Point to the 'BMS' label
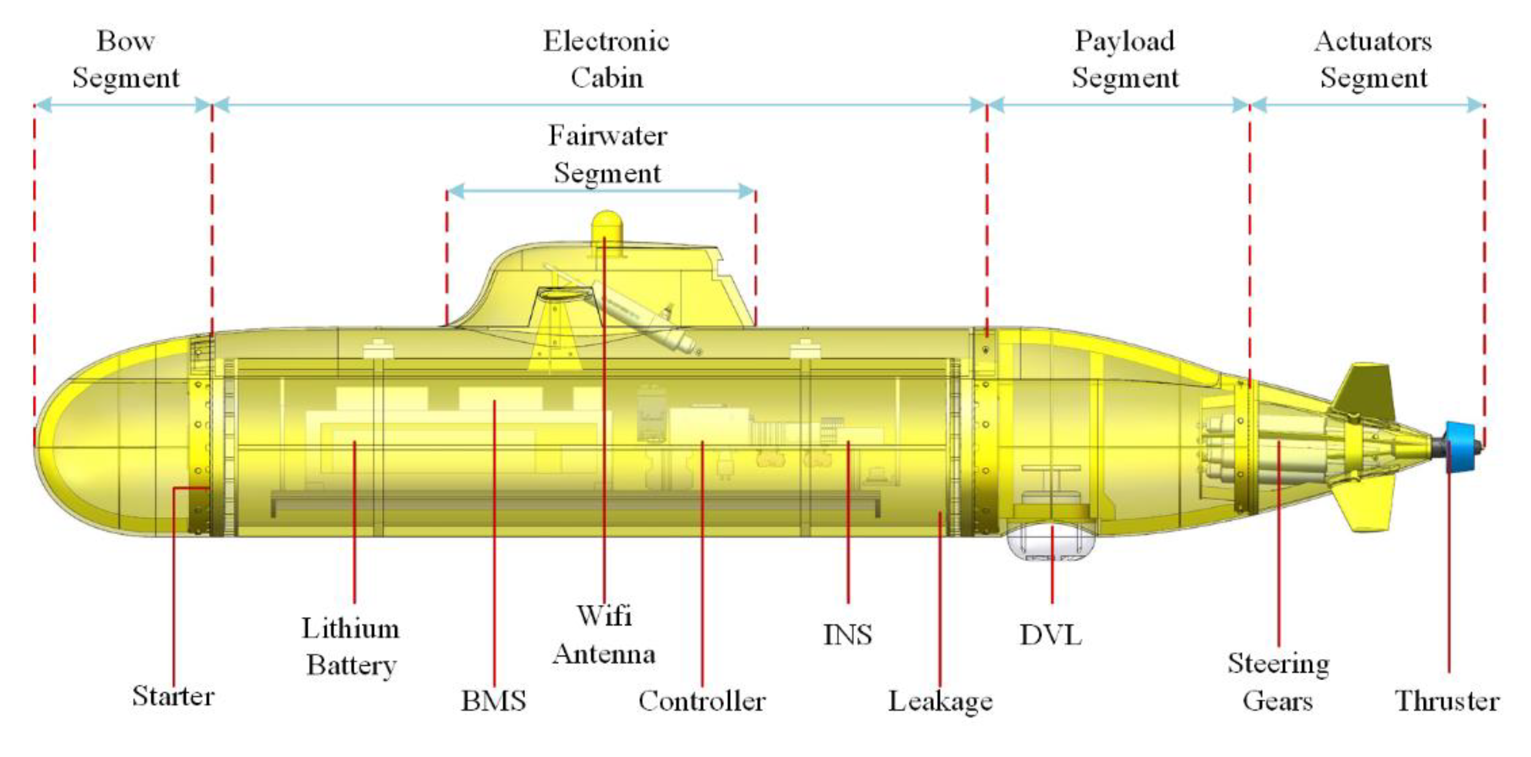[x=494, y=700]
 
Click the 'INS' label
[x=848, y=635]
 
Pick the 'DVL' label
[x=1051, y=635]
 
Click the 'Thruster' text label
[x=1447, y=700]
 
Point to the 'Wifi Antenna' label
[x=604, y=635]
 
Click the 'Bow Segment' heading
[x=126, y=59]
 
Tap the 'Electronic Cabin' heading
[x=606, y=59]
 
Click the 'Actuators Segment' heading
[x=1373, y=59]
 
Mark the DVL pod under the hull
[x=1051, y=542]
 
